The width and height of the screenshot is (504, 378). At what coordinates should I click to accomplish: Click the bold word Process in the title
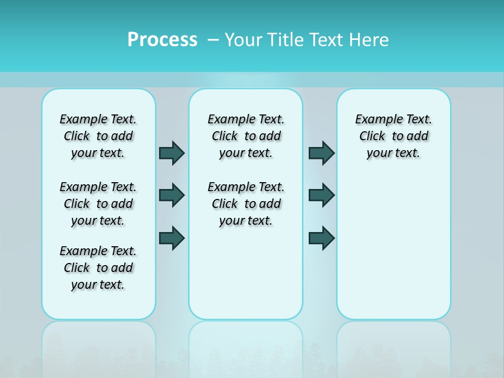click(162, 40)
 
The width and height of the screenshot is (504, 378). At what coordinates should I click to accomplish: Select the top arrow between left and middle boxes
click(172, 153)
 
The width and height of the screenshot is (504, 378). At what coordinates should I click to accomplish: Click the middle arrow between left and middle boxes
click(172, 195)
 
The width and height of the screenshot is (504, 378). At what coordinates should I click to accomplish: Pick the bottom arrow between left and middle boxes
click(172, 238)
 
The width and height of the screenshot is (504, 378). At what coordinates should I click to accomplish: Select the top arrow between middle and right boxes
click(321, 153)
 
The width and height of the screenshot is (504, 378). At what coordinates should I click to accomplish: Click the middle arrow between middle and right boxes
click(321, 195)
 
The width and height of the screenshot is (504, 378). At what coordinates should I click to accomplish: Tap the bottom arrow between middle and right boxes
click(321, 238)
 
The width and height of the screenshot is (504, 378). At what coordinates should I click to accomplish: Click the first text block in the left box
click(98, 136)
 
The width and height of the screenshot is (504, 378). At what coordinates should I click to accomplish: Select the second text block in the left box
click(98, 204)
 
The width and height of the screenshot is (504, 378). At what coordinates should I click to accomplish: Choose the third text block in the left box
click(98, 268)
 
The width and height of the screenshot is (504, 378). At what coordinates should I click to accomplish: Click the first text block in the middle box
click(246, 136)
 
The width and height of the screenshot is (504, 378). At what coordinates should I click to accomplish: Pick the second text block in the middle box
click(246, 204)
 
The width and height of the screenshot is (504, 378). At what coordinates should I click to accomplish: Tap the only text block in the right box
click(393, 136)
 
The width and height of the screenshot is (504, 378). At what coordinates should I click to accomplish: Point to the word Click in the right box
click(372, 136)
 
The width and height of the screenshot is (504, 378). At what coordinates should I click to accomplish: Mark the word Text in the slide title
click(325, 40)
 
